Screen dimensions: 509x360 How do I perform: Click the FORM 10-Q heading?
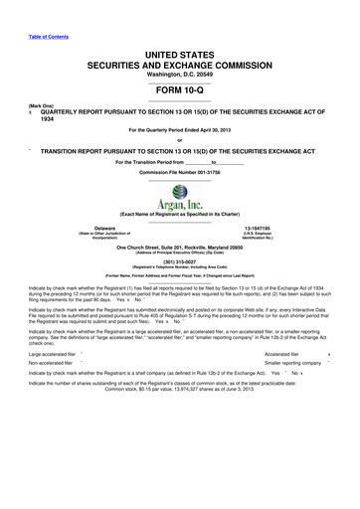point(179,89)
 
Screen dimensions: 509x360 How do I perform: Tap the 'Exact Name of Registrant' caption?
point(179,215)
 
